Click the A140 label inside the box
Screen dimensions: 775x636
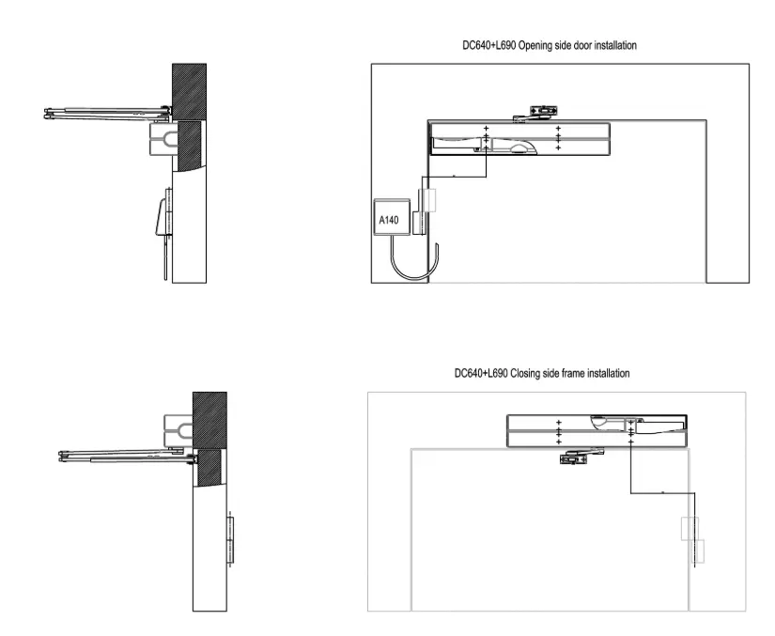389,220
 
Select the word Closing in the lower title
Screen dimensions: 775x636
525,373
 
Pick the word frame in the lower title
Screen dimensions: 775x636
567,373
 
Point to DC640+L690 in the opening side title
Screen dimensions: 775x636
489,45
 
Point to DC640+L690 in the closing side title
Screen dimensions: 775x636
481,373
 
